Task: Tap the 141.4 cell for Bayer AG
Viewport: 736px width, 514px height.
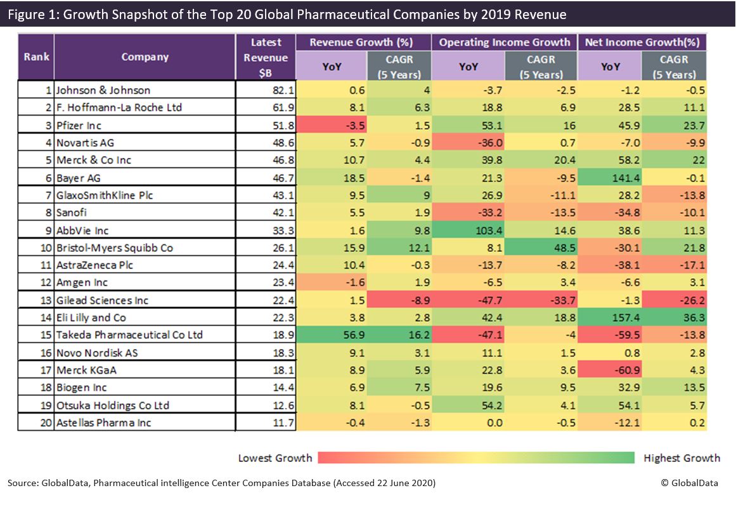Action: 614,178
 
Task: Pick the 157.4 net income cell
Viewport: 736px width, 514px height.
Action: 614,317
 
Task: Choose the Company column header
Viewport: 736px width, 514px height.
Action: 145,57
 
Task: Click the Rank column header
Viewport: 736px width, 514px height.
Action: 36,57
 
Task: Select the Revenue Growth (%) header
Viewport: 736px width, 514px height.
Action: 361,43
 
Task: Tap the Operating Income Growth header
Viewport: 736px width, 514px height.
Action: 505,43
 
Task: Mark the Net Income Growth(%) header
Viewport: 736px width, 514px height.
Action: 642,43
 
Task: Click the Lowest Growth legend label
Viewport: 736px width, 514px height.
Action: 275,458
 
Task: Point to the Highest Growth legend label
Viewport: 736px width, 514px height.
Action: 681,458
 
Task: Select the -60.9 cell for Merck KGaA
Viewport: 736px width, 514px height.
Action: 614,370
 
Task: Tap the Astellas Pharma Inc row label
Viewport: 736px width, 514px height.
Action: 103,423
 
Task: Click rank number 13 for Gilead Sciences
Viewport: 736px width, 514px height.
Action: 46,300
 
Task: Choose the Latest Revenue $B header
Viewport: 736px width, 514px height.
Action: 266,58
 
